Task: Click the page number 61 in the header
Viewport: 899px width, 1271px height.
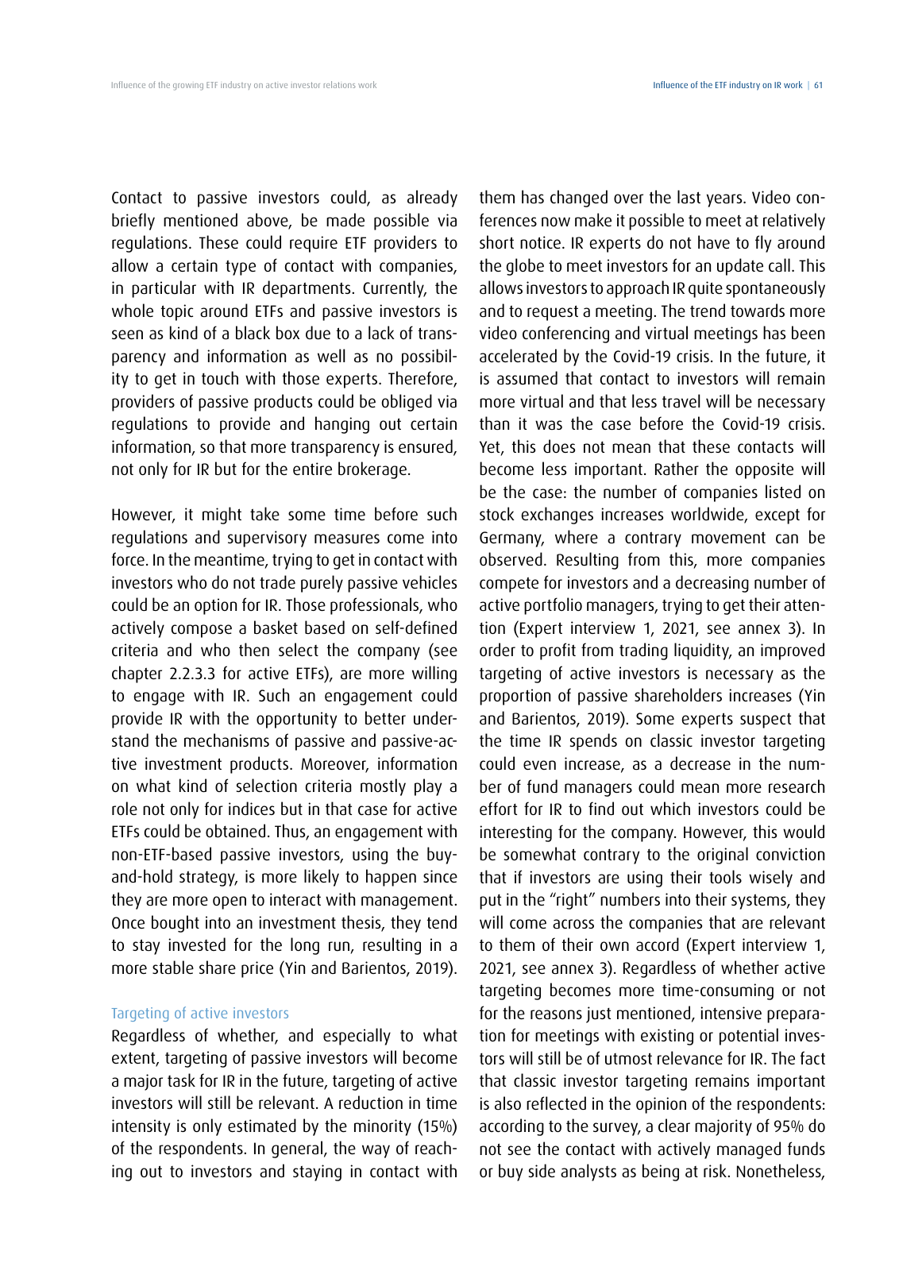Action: (818, 85)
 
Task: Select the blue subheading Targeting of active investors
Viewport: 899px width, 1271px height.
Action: (200, 1013)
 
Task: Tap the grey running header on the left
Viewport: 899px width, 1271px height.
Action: (244, 85)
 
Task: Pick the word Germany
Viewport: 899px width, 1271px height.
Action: (510, 538)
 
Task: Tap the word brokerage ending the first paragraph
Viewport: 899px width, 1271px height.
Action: (372, 469)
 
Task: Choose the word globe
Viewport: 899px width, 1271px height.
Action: (530, 266)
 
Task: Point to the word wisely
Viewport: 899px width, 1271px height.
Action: (763, 878)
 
